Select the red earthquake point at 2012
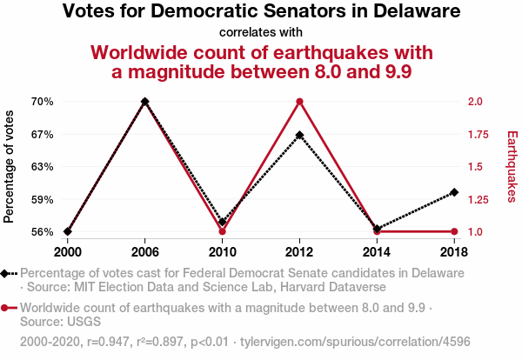[x=299, y=102]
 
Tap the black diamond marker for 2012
[x=299, y=135]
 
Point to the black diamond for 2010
[x=222, y=222]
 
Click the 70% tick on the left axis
[x=43, y=102]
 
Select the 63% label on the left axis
[x=43, y=167]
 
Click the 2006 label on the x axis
[x=144, y=251]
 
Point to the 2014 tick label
[x=377, y=251]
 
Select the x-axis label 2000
[x=67, y=251]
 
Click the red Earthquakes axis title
[x=512, y=166]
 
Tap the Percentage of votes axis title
[x=10, y=166]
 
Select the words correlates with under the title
[x=261, y=33]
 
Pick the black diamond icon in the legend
[x=6, y=273]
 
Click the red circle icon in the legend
[x=6, y=308]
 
